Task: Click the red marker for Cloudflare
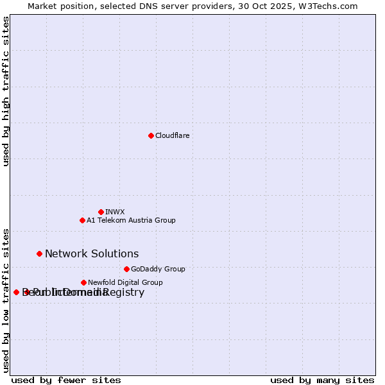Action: [151, 135]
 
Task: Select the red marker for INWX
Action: [101, 212]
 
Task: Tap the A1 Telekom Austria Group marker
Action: [82, 220]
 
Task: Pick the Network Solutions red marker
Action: [39, 253]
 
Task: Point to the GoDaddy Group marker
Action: [126, 269]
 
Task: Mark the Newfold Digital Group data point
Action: [83, 282]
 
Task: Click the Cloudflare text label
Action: [172, 135]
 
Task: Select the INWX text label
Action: [115, 212]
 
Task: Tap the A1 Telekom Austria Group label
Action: [131, 220]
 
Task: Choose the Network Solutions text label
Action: [92, 254]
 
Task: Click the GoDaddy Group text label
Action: [158, 269]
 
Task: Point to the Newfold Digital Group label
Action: [125, 282]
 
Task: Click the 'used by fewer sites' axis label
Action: [66, 381]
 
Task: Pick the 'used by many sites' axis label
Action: [322, 381]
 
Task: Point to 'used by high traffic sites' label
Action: [6, 91]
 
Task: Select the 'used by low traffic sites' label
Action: [6, 300]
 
